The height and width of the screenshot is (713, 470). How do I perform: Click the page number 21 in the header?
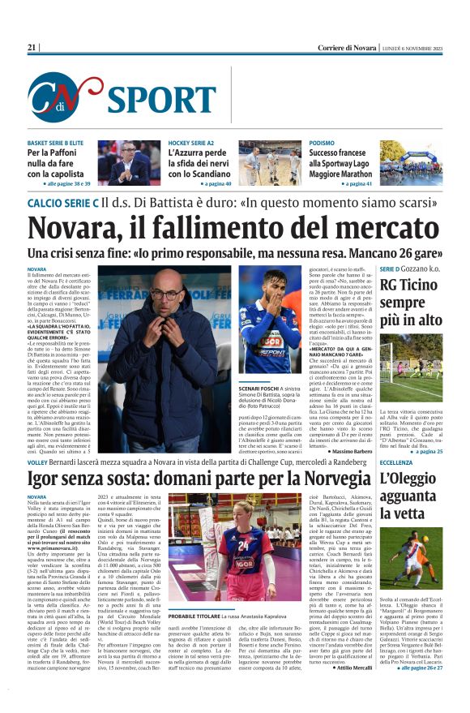pyautogui.click(x=32, y=48)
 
